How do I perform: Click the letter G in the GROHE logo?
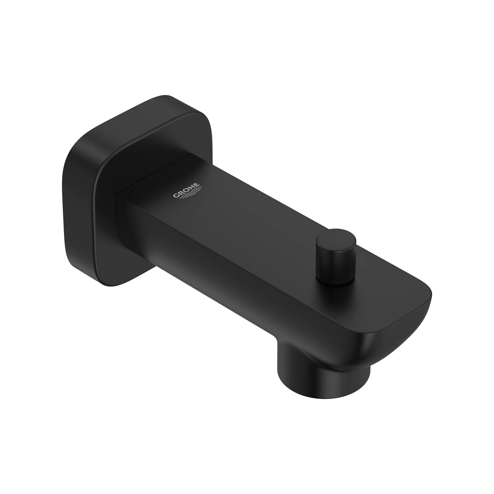176,196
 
